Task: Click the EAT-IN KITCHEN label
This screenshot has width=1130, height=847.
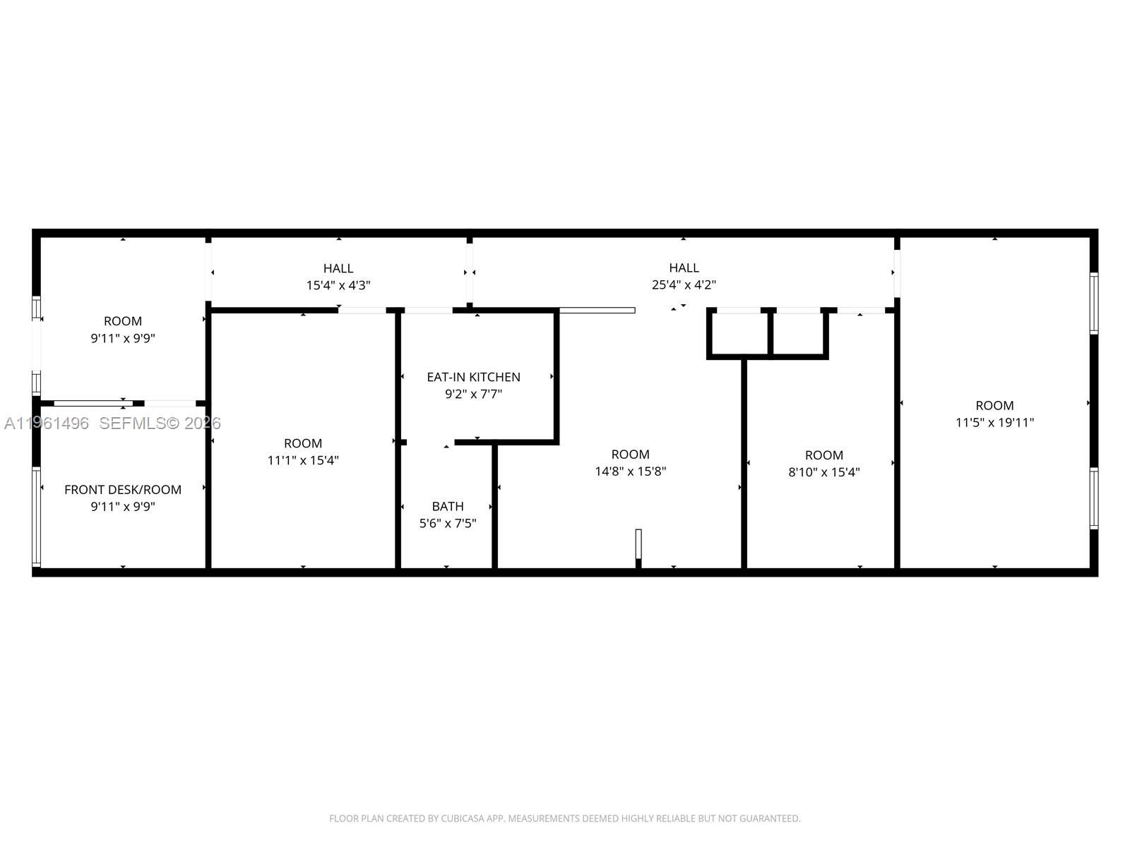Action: (473, 377)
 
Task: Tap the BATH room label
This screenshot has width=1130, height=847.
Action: (448, 506)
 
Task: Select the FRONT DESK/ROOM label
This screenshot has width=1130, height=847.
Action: (123, 489)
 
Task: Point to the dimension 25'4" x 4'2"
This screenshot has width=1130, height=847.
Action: (684, 285)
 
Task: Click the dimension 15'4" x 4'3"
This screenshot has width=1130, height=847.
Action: (338, 285)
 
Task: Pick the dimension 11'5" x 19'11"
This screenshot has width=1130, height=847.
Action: (994, 422)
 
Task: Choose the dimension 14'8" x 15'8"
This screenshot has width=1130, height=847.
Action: (630, 471)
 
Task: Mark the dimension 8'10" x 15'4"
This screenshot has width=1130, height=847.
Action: (823, 472)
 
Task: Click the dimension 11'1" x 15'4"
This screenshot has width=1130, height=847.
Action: (303, 460)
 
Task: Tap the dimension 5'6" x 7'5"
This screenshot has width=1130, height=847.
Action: (448, 523)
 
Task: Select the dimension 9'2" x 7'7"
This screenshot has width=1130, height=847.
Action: (473, 394)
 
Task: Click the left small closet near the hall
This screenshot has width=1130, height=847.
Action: (739, 333)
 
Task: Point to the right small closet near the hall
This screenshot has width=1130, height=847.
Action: (798, 333)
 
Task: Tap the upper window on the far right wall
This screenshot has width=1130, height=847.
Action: (1093, 303)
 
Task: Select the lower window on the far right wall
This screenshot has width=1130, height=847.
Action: (1093, 498)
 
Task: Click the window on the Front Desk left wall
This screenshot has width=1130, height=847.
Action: (36, 517)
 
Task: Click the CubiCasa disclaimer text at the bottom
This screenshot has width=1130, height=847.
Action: (564, 819)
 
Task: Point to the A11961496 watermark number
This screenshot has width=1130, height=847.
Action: (47, 423)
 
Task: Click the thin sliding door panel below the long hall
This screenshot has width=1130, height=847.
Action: (597, 310)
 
